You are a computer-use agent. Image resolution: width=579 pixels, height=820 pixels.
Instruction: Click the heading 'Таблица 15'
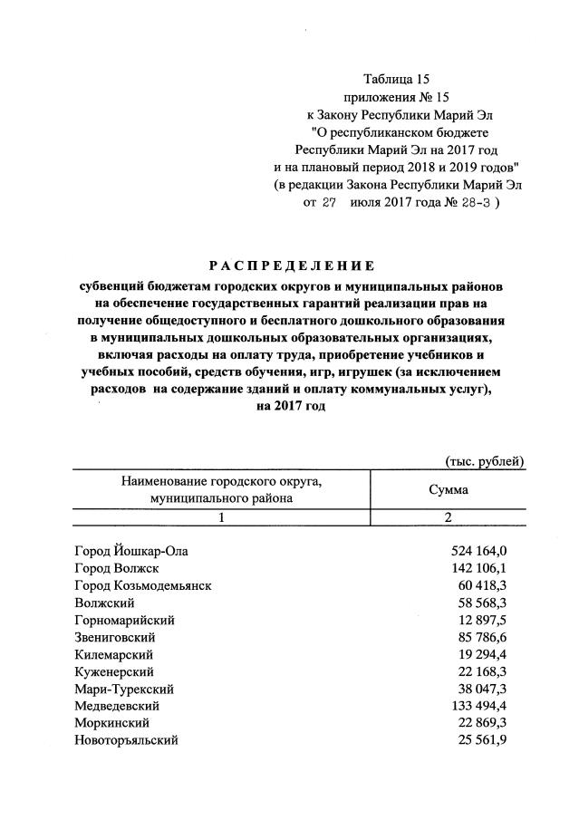pyautogui.click(x=395, y=79)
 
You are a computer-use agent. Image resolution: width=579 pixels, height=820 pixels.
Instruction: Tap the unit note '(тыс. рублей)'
pyautogui.click(x=485, y=461)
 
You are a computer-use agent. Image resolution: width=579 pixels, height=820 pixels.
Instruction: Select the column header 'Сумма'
pyautogui.click(x=448, y=489)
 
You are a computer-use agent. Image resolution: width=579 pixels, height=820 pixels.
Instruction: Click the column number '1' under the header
pyautogui.click(x=221, y=517)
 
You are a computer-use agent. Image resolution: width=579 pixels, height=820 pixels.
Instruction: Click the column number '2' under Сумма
pyautogui.click(x=448, y=517)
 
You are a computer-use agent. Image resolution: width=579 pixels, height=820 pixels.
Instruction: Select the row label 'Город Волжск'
pyautogui.click(x=117, y=568)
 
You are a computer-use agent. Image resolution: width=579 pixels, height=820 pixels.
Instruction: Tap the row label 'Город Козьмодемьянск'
pyautogui.click(x=143, y=585)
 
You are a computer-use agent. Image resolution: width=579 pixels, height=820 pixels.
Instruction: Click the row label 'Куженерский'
pyautogui.click(x=114, y=671)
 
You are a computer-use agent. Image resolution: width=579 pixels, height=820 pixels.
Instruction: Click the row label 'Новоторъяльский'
pyautogui.click(x=127, y=740)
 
